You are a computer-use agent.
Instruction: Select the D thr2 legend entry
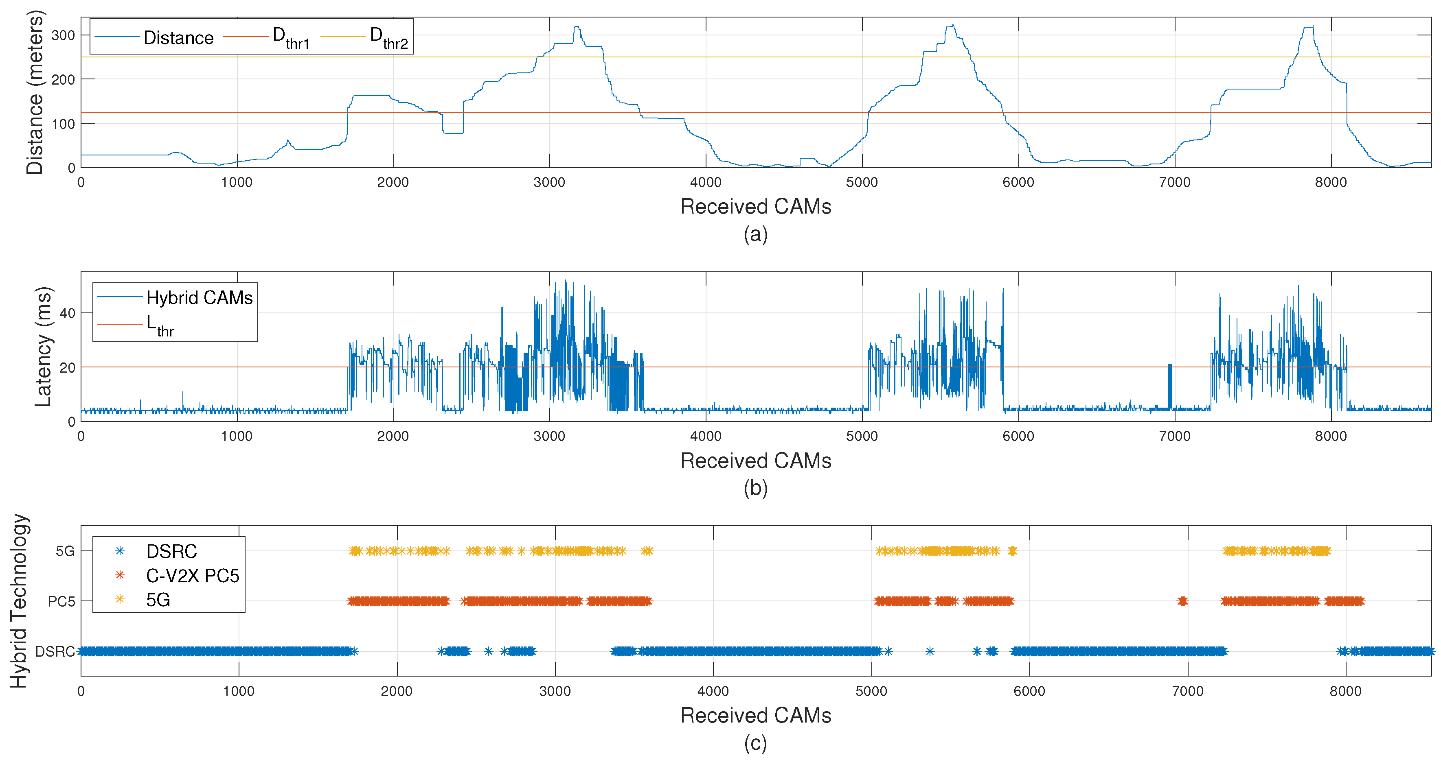tap(389, 37)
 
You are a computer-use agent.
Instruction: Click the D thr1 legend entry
tap(291, 37)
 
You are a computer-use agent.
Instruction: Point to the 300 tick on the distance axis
tap(63, 35)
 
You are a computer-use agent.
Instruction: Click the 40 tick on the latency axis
tap(67, 313)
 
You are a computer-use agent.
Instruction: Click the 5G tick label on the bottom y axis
tap(65, 551)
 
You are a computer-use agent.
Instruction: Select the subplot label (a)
tap(755, 234)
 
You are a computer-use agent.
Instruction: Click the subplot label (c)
tap(755, 744)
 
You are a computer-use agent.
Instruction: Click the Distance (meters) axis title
tap(35, 92)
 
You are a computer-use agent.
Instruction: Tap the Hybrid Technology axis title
tap(18, 601)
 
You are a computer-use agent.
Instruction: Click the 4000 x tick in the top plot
tap(705, 182)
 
